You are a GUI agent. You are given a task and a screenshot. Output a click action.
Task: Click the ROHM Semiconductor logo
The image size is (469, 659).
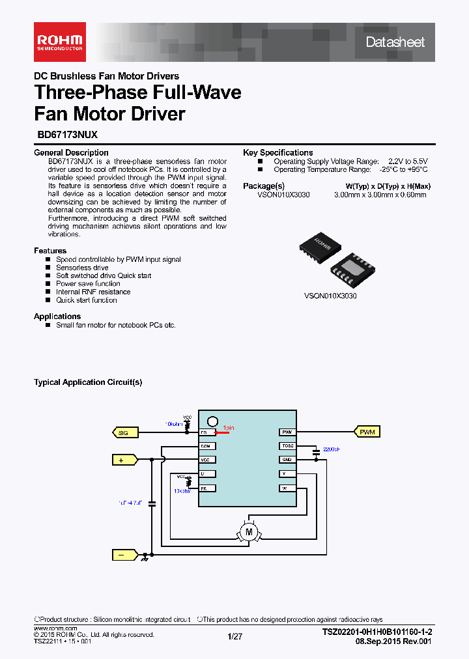click(59, 42)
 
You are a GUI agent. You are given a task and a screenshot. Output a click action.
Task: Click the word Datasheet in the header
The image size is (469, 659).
click(395, 42)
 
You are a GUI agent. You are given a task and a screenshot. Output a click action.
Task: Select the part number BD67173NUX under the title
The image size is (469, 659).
click(66, 135)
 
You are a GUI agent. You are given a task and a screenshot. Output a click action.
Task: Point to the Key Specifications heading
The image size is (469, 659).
click(277, 152)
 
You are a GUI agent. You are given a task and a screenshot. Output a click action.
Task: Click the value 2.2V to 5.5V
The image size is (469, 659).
click(408, 161)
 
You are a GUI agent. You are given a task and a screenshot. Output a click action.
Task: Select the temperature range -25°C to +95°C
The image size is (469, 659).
click(403, 169)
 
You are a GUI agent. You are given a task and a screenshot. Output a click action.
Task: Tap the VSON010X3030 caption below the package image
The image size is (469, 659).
click(330, 296)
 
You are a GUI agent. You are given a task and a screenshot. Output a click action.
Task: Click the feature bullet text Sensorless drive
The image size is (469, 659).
click(82, 268)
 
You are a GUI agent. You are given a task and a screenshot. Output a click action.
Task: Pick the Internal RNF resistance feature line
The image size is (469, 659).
click(93, 292)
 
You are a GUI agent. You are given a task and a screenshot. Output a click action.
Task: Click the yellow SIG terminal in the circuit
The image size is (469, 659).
click(123, 432)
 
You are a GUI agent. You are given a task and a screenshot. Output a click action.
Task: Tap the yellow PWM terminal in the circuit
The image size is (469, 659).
click(367, 432)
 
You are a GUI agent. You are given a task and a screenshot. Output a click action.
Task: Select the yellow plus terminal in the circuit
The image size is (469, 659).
click(123, 460)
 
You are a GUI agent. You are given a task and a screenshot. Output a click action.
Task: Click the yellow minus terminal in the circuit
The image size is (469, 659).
click(123, 555)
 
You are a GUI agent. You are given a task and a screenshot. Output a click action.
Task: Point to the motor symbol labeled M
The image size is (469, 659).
click(248, 532)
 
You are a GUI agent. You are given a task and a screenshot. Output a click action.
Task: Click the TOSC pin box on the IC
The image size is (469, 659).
click(287, 446)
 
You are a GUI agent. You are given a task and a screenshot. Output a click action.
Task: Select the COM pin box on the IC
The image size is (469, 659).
click(206, 446)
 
